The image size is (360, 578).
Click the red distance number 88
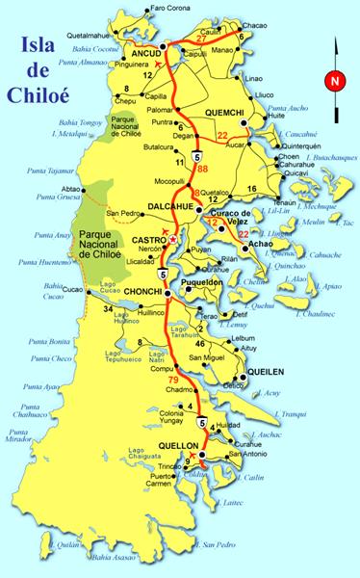[x=202, y=171]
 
